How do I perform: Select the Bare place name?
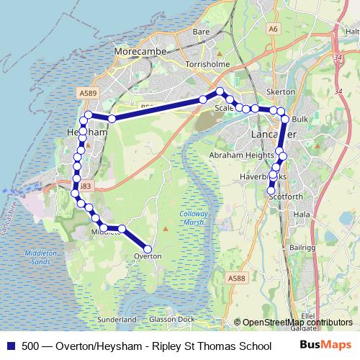pos(201,32)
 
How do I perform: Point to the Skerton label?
pos(281,92)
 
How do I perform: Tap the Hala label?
pos(302,214)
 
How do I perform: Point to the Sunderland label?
pos(117,319)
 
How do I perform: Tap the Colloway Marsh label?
pos(194,218)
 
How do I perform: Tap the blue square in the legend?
pos(9,346)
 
